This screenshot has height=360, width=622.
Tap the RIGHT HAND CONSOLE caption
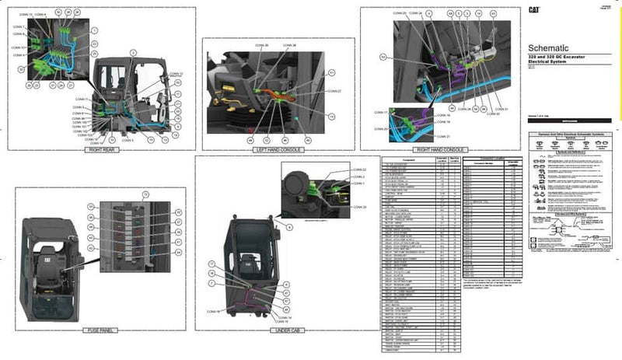(x=440, y=149)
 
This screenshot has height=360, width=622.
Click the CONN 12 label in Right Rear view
(x=176, y=73)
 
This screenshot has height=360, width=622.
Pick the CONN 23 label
(x=358, y=170)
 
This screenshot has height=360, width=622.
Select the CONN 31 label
(x=501, y=110)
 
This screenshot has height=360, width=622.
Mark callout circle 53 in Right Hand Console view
(x=383, y=57)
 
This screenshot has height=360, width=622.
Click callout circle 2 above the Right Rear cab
(x=133, y=51)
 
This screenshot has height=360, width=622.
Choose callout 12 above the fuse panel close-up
(x=144, y=194)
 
